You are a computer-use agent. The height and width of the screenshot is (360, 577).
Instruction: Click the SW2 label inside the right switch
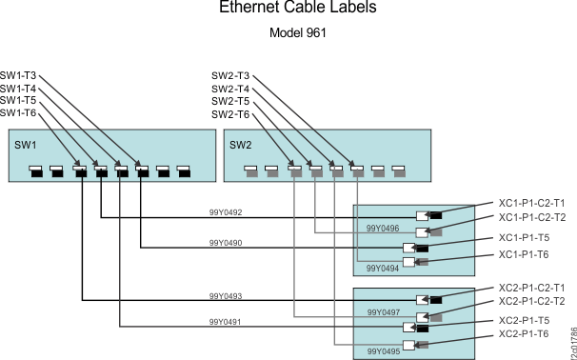click(240, 145)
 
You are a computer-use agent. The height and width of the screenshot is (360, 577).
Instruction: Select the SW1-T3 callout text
click(18, 74)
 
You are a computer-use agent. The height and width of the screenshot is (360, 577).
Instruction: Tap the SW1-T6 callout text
click(18, 112)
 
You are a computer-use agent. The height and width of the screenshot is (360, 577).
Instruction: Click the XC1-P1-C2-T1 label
click(531, 203)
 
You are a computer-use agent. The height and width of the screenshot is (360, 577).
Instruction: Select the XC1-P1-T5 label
click(524, 237)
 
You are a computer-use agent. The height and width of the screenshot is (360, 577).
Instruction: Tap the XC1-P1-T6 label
click(524, 254)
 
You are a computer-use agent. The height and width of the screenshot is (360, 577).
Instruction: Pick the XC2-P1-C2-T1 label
click(531, 287)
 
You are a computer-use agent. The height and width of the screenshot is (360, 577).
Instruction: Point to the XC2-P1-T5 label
click(524, 320)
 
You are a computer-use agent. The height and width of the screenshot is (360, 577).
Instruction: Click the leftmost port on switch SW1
click(36, 172)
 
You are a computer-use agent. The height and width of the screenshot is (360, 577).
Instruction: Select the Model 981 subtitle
click(299, 31)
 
